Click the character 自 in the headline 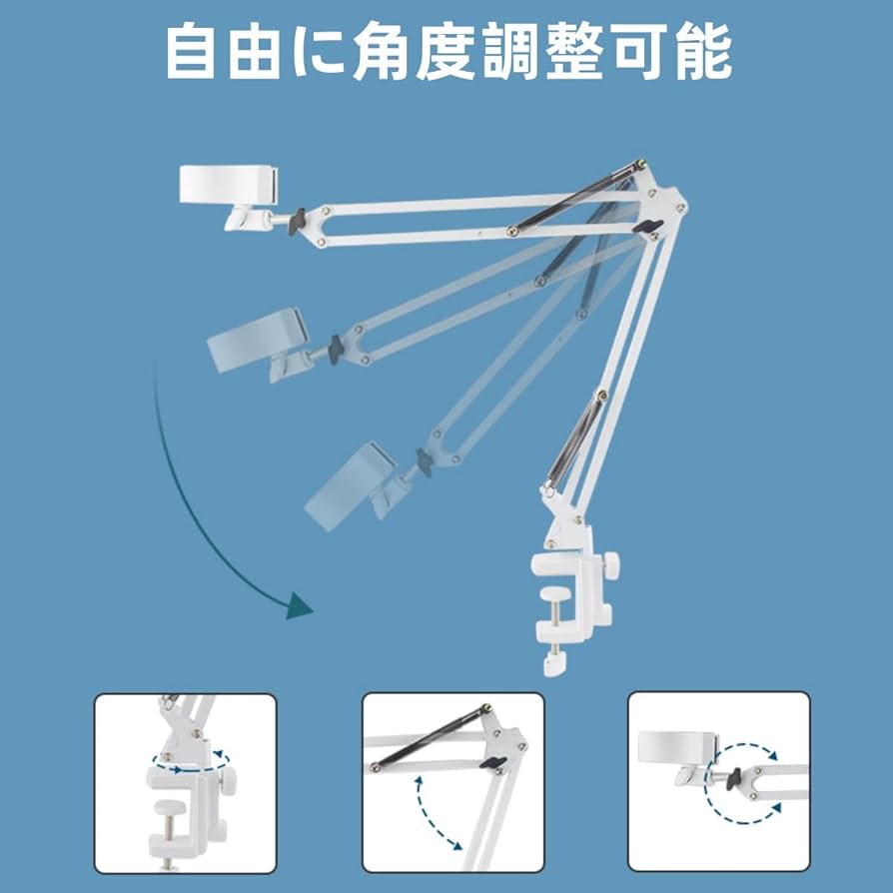pyautogui.click(x=192, y=51)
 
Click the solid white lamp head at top pyautogui.click(x=229, y=183)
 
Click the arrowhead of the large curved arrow pyautogui.click(x=298, y=605)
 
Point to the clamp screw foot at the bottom pyautogui.click(x=552, y=663)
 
